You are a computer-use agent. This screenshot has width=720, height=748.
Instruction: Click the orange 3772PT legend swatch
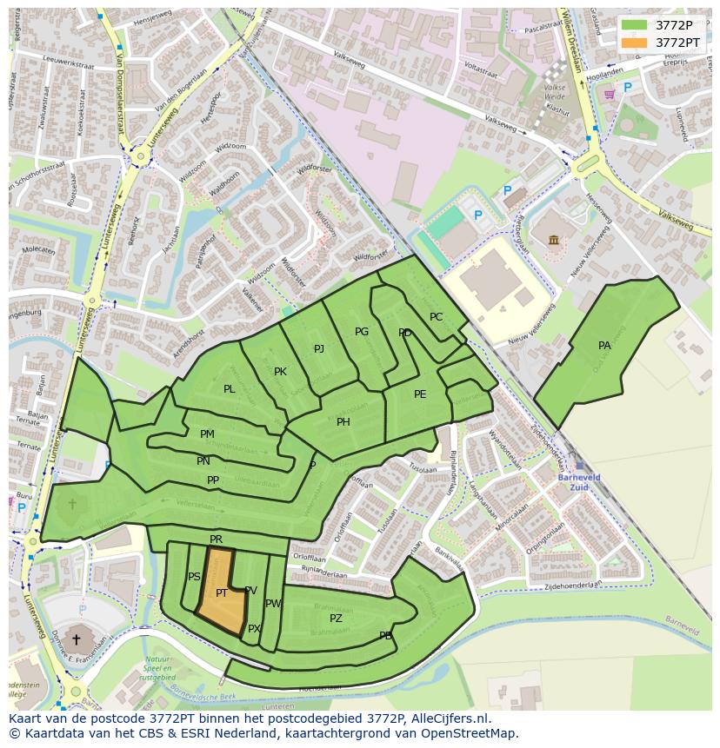coord(635,43)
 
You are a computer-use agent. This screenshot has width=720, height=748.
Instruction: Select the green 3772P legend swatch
coord(635,25)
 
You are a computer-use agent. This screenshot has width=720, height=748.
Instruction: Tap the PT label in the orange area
coord(222,593)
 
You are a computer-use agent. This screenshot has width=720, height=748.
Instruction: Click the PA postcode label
coord(604,346)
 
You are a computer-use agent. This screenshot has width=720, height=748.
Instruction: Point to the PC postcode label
coord(437,317)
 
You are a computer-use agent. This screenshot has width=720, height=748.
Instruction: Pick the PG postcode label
coord(362,332)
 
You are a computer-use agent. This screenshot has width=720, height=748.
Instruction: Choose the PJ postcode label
coord(319,349)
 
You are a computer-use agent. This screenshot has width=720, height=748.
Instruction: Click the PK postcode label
coord(280,372)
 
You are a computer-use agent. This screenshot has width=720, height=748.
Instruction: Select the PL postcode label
coord(229,389)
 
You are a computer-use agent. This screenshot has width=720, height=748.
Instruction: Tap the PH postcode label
coord(343,422)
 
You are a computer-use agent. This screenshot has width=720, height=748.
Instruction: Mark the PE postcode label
coord(420,394)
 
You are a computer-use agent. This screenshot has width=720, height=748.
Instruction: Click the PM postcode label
coord(207,434)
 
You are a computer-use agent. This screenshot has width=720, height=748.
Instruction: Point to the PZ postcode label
coord(336,619)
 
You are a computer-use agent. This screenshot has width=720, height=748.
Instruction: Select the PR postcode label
coord(216,540)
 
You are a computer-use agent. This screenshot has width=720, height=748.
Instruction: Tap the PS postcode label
coord(194,577)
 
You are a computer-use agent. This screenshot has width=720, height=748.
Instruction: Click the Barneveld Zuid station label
coord(579,482)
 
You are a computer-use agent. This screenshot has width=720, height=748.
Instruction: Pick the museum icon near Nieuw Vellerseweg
coord(553,239)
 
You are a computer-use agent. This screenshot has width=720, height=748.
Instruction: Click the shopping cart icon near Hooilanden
coord(610,94)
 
